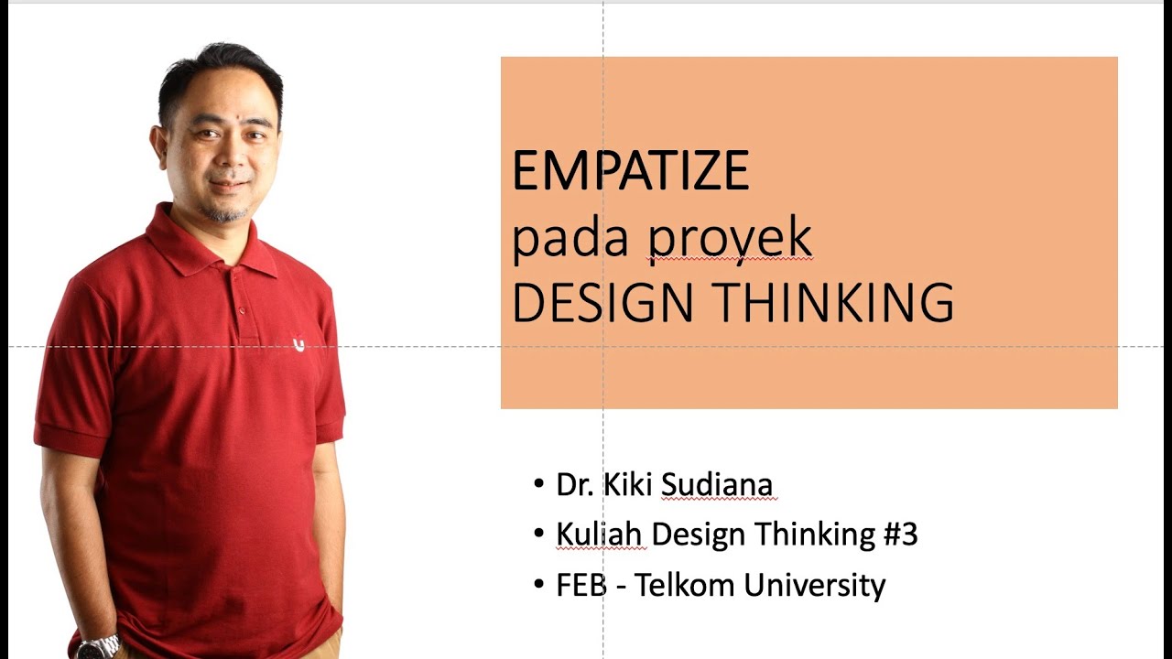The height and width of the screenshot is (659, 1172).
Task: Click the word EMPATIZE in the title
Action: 630,170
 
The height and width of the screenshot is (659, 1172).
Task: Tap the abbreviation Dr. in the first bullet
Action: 575,484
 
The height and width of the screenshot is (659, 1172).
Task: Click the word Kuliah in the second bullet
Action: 601,534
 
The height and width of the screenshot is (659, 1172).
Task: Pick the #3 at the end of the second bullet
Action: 900,534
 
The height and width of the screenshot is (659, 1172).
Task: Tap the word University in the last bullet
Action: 814,585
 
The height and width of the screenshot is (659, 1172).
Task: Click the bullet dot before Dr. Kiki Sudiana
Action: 539,483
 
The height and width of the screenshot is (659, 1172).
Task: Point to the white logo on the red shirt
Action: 298,344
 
